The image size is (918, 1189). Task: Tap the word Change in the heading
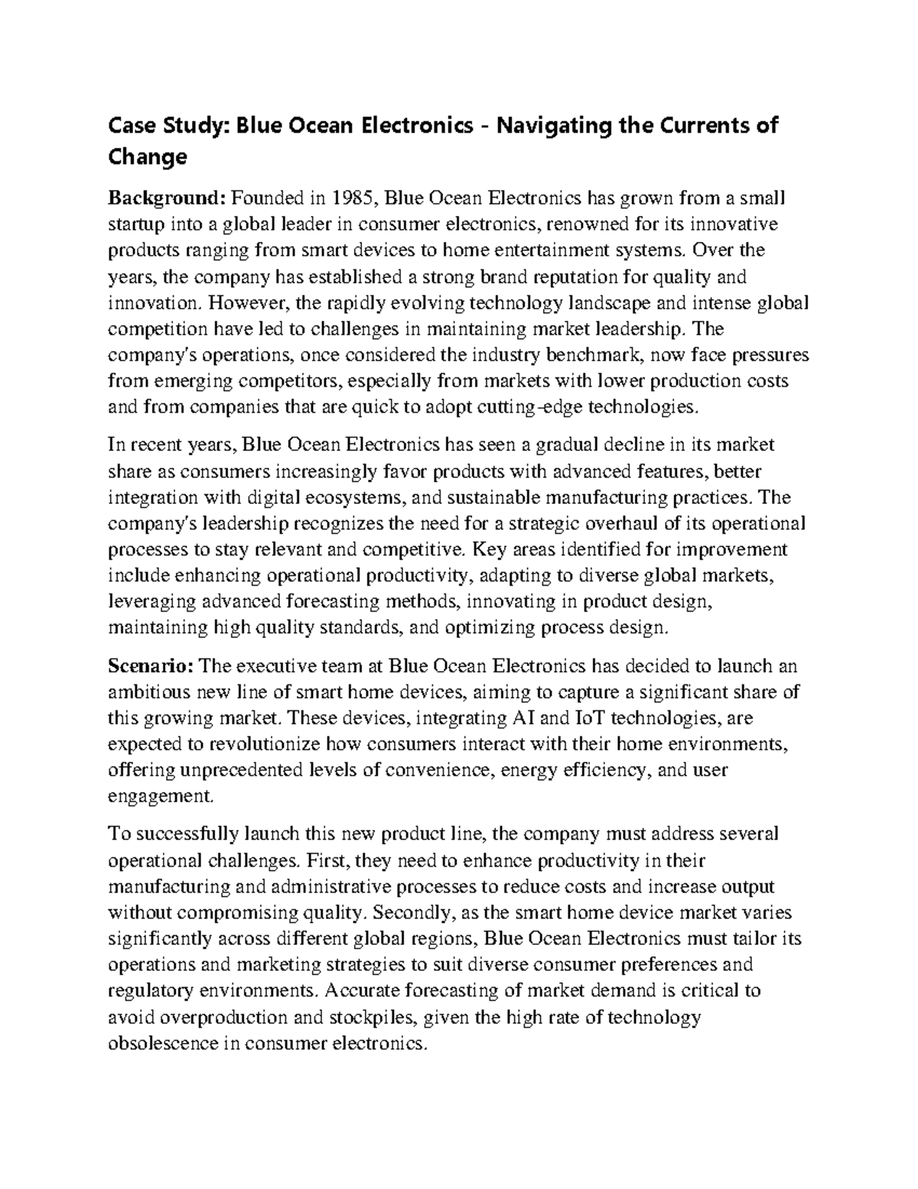tap(147, 157)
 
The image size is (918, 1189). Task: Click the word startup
tap(134, 224)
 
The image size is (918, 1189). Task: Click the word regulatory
tap(151, 991)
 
